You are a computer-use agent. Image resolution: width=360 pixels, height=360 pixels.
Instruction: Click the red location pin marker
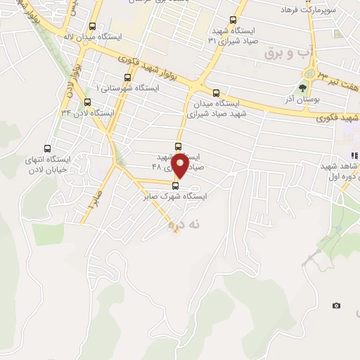click(x=180, y=164)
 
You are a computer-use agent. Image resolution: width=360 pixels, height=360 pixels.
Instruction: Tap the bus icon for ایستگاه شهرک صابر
click(x=176, y=185)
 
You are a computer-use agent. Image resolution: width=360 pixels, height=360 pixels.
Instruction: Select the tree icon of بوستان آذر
click(x=303, y=88)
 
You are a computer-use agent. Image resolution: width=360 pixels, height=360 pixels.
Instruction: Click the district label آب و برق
click(x=285, y=53)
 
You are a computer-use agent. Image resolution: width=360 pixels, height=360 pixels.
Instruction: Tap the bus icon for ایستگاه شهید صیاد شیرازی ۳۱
click(x=233, y=21)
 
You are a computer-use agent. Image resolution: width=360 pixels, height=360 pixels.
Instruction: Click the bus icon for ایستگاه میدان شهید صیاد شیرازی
click(x=215, y=93)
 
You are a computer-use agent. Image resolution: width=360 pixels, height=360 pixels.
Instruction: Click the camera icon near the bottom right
click(x=336, y=305)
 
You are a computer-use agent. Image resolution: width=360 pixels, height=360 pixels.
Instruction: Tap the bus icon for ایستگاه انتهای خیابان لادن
click(x=47, y=148)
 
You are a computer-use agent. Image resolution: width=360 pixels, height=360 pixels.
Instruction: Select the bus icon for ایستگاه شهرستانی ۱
click(x=127, y=77)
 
